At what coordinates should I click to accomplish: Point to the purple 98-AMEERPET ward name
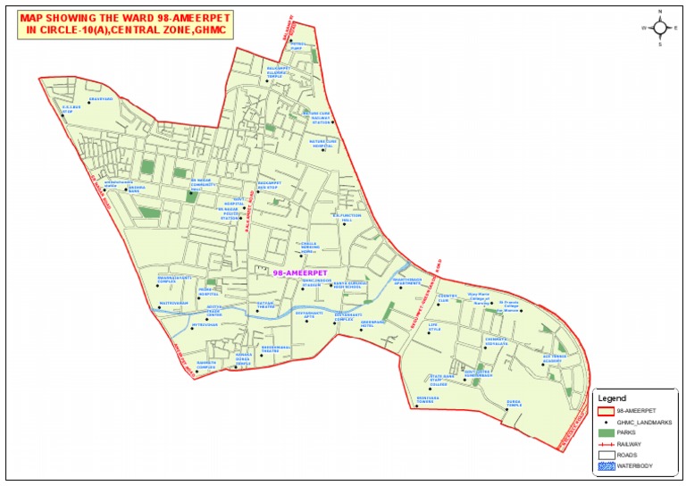coord(299,272)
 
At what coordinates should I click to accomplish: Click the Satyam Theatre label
coord(266,306)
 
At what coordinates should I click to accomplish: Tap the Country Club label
coord(448,297)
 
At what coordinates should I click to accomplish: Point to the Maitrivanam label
coord(147,303)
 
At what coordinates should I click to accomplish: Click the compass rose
coord(660,28)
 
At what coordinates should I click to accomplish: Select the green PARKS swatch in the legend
coord(607,432)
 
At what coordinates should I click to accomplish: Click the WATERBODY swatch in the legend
coord(607,465)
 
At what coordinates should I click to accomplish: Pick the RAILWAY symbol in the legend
coord(607,444)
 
